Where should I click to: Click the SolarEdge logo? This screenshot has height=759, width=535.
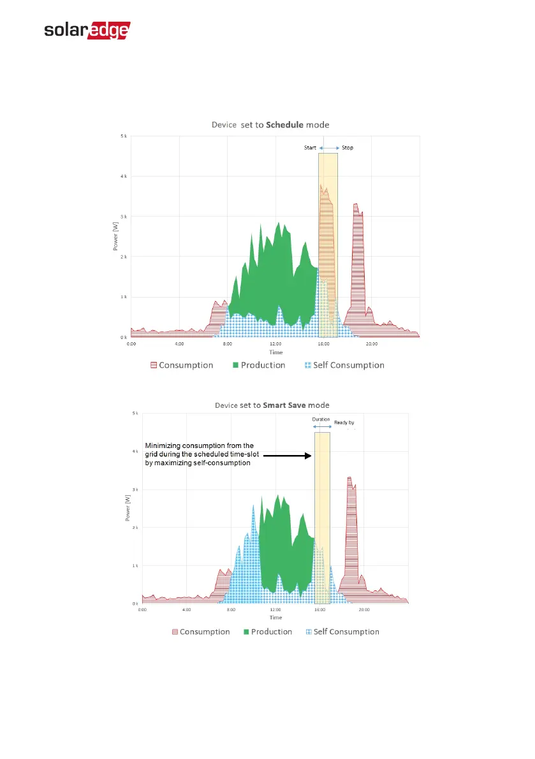87,31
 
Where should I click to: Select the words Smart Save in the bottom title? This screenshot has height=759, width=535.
285,405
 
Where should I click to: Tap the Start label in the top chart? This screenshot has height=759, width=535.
310,148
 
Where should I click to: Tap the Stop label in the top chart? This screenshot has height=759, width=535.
348,148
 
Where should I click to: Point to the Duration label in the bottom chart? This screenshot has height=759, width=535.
321,419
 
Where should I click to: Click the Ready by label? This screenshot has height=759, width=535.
344,422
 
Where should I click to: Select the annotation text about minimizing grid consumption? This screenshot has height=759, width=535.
200,454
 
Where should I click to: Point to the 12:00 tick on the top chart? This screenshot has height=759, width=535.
275,344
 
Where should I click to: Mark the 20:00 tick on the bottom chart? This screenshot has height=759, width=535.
363,610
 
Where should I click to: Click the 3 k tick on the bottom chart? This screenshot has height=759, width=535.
135,489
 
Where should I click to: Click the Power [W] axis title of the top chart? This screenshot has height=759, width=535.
116,236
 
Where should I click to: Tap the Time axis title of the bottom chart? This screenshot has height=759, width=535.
275,618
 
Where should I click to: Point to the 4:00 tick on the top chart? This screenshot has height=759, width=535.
179,344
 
